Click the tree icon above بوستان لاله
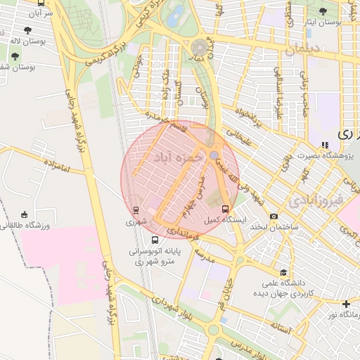[27, 30]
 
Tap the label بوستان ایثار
[323, 22]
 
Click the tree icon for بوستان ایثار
[323, 11]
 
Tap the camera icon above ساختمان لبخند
[273, 217]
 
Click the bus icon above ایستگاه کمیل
[225, 209]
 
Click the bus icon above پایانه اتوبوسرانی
[155, 240]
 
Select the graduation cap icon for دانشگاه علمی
[283, 272]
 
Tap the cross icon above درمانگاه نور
[345, 304]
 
